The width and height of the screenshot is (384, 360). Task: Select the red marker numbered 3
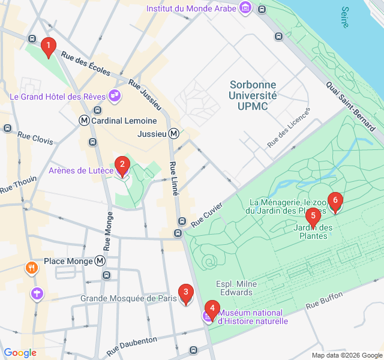pos(186,294)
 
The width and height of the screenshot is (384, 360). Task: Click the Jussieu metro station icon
pos(174,134)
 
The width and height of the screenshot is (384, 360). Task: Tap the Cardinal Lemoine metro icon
pos(85,121)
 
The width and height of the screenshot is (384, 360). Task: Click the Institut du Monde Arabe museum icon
pos(245,8)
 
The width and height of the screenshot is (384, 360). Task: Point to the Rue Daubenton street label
pos(131,344)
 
